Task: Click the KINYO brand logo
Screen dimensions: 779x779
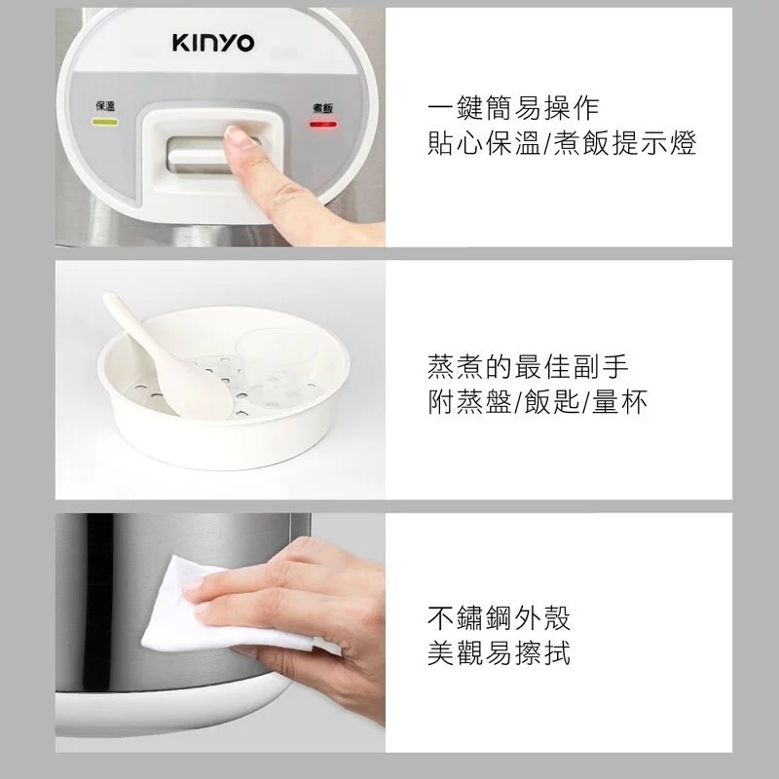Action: click(213, 43)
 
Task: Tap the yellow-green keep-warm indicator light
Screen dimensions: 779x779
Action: click(104, 124)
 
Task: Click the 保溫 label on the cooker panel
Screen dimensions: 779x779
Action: click(104, 105)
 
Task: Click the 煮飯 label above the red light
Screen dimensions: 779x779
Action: click(322, 107)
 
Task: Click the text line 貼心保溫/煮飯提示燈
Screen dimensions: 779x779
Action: click(562, 145)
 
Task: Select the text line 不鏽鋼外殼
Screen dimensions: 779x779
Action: click(499, 616)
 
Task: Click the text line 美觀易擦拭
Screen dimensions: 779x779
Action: click(499, 653)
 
